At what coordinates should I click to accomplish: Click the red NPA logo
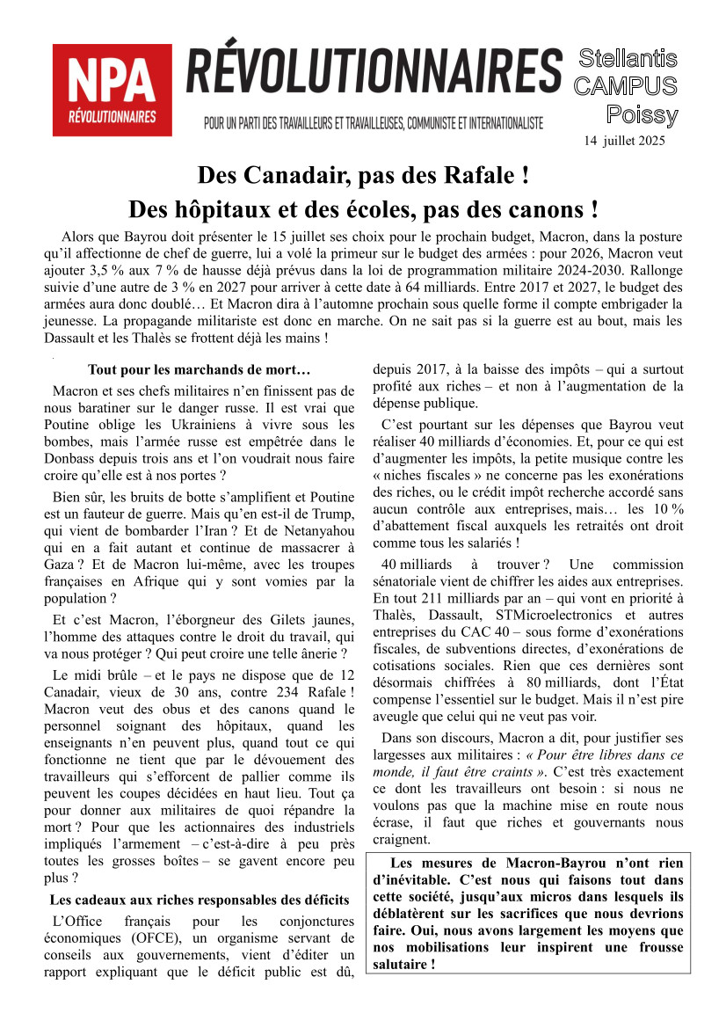pos(112,90)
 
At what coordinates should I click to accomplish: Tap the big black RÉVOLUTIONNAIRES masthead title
pos(374,72)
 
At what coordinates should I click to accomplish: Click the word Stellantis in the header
pos(628,59)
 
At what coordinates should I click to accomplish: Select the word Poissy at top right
pos(642,115)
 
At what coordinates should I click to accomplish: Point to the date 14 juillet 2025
pos(624,141)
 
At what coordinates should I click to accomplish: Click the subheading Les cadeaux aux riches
pos(200,900)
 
